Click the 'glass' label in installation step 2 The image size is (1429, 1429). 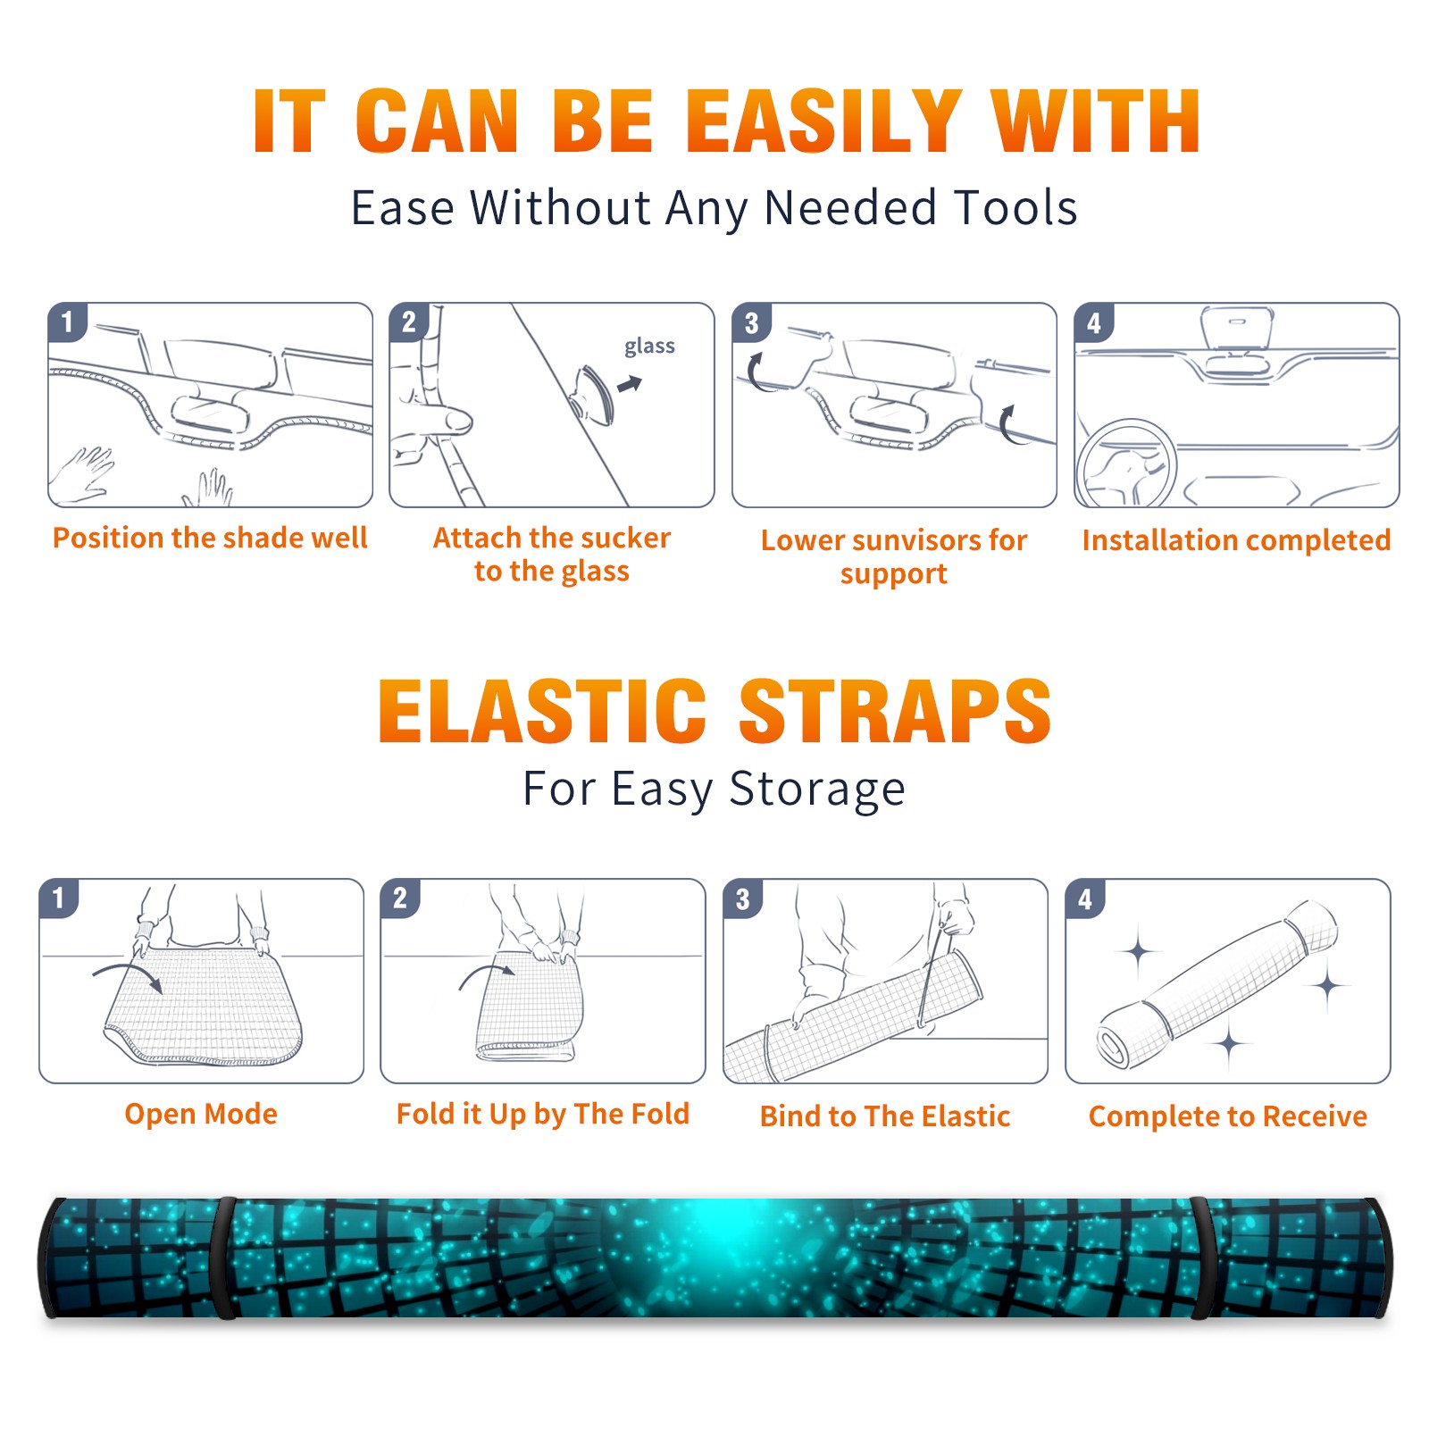[649, 347]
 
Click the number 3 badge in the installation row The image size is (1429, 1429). [752, 322]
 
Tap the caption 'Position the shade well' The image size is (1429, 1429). [210, 538]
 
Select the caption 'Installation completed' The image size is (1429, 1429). [1236, 540]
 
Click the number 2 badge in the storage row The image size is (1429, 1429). [400, 898]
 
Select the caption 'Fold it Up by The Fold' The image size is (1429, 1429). [543, 1114]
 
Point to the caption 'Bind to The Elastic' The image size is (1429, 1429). [885, 1116]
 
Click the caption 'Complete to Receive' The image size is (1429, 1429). [1228, 1116]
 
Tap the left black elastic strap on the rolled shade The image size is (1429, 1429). [224, 1258]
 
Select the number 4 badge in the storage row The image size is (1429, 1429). [1085, 898]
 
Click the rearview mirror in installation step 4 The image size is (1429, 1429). [1237, 328]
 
